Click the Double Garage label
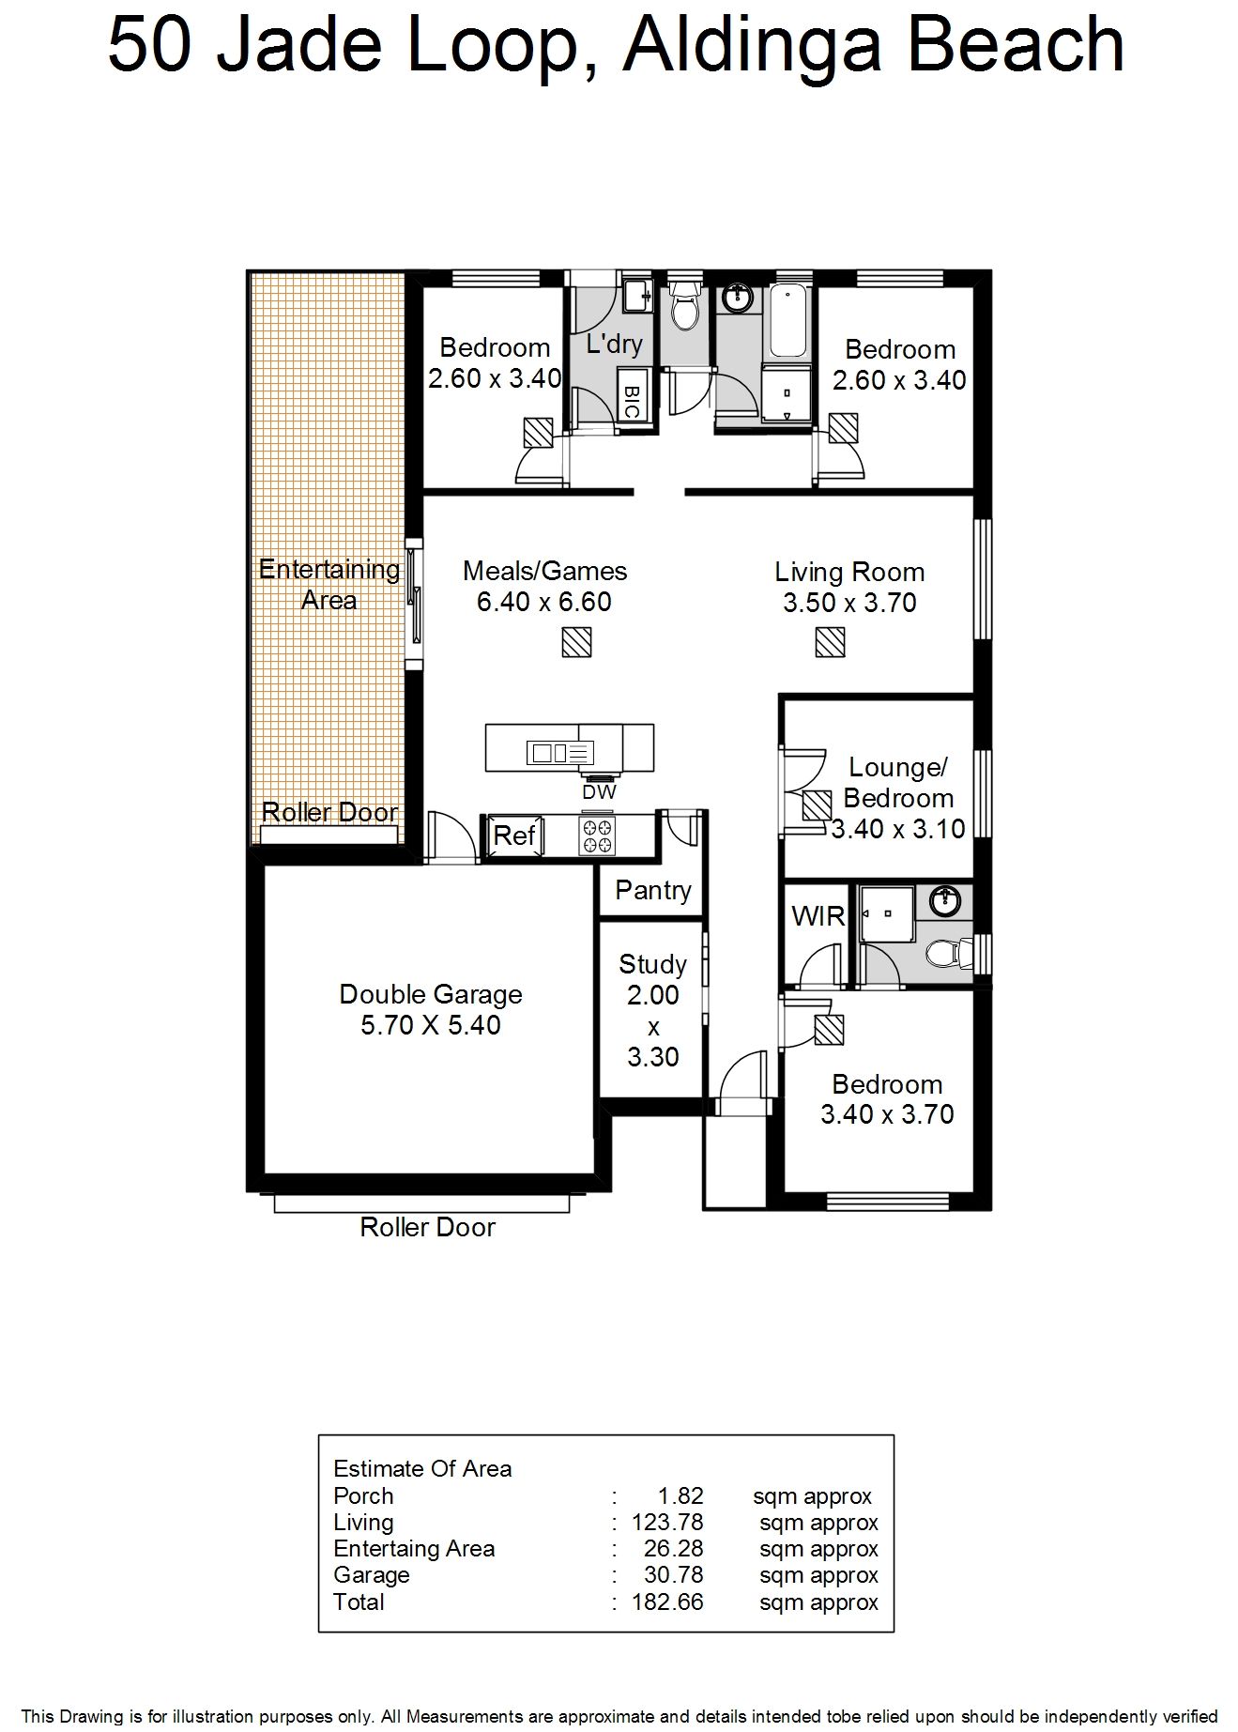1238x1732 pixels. (x=431, y=994)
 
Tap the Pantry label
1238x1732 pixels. (x=653, y=890)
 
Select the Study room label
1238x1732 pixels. (x=653, y=964)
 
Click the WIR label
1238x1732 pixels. (x=818, y=916)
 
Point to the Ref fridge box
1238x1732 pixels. (x=514, y=835)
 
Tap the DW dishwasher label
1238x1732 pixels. (x=599, y=792)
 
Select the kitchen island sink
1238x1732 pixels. (x=560, y=752)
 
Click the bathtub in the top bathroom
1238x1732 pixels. (x=789, y=321)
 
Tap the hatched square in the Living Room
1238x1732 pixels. (x=830, y=642)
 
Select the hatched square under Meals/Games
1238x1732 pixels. (x=576, y=642)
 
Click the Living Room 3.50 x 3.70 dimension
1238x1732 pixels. (x=849, y=603)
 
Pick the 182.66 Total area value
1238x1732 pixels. (x=667, y=1602)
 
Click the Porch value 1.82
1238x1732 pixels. (x=680, y=1495)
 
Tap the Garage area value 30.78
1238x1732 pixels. (x=673, y=1574)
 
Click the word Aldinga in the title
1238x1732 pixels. (x=751, y=46)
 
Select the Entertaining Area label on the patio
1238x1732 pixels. (x=329, y=584)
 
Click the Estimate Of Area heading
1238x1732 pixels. (x=422, y=1468)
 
